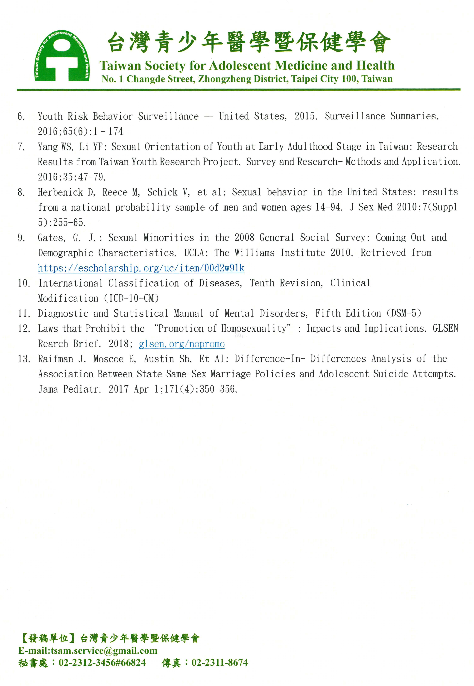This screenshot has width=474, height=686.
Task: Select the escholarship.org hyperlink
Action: click(141, 268)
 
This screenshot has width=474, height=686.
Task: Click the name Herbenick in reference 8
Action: click(61, 192)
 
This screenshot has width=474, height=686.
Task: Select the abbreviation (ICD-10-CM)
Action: click(131, 298)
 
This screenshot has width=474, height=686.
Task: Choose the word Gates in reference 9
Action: click(51, 238)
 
